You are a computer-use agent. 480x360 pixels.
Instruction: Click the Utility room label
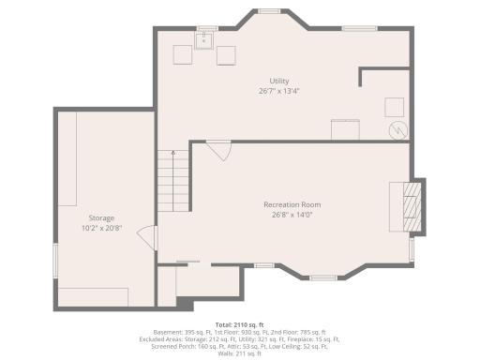coord(278,82)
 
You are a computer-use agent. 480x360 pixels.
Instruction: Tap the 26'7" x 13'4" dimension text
coord(278,91)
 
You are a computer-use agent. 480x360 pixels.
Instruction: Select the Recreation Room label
coord(292,204)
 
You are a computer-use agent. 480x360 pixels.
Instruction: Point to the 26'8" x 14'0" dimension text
coord(292,214)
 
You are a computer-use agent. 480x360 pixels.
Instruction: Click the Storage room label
coord(101,217)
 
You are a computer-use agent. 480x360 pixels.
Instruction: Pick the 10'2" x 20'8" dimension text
coord(101,227)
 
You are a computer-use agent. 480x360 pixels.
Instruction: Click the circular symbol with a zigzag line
coord(397,129)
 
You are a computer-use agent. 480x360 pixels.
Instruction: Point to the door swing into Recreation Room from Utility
coord(218,148)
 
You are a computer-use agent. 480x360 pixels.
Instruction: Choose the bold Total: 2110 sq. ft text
coord(239,324)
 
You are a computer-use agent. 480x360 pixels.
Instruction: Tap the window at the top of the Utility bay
coord(269,12)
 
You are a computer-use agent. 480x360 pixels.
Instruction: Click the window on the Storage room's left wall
coord(54,262)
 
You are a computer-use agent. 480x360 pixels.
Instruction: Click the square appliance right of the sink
coord(226,55)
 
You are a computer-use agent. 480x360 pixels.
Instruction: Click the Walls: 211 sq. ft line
coord(239,352)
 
